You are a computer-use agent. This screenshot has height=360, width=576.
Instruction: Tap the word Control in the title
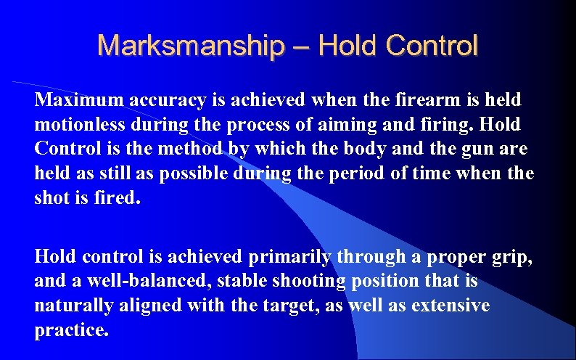tap(432, 46)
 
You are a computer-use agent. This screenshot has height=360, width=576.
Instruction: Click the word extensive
tap(450, 306)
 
